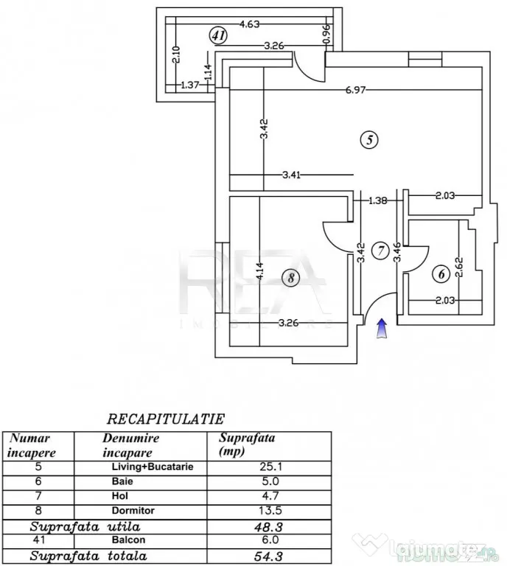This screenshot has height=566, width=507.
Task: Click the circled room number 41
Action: [x=218, y=36]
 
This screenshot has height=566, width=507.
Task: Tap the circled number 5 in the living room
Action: [x=369, y=140]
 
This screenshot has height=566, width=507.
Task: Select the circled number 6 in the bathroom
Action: [x=441, y=274]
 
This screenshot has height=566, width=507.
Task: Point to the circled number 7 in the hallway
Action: [x=380, y=251]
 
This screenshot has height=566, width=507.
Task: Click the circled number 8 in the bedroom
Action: [x=291, y=278]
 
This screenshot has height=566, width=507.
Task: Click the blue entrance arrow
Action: [x=382, y=329]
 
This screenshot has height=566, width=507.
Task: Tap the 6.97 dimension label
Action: [x=355, y=89]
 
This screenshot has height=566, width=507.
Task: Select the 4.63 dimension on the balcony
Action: [x=250, y=24]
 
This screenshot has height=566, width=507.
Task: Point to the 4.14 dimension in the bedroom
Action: [x=261, y=270]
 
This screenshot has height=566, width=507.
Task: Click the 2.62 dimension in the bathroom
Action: [x=459, y=267]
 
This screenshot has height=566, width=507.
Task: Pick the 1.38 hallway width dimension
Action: [x=378, y=200]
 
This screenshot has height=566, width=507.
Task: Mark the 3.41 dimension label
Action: [x=291, y=175]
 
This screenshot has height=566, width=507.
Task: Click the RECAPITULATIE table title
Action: [x=166, y=419]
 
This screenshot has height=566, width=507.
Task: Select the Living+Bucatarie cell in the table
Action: [x=153, y=467]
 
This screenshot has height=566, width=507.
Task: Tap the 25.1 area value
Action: [x=270, y=467]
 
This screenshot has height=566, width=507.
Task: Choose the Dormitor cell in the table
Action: [x=133, y=511]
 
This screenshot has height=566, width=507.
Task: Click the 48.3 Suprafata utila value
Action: [x=268, y=527]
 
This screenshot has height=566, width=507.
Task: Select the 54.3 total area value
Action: [x=268, y=556]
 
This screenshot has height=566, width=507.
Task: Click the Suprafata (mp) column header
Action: [x=247, y=444]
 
